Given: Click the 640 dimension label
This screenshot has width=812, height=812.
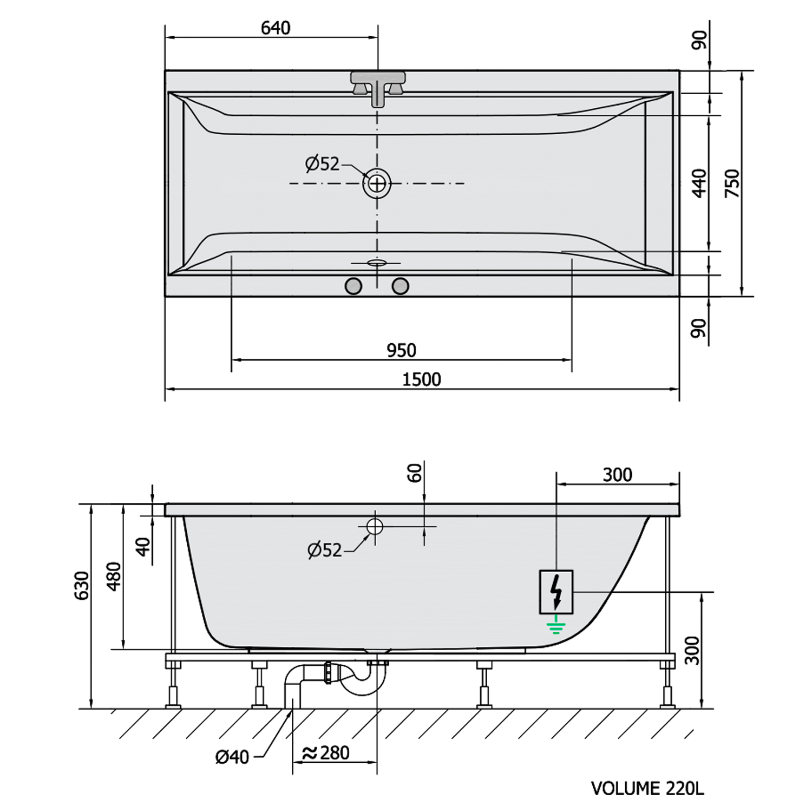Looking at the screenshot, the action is (x=276, y=28).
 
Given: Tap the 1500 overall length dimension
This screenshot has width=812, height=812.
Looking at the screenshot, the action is (x=421, y=379).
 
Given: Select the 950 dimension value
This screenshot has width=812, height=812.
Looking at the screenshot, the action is (x=401, y=351).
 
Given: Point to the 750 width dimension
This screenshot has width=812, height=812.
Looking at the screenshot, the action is (x=732, y=183).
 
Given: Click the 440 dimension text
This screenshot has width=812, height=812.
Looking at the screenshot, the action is (x=699, y=183).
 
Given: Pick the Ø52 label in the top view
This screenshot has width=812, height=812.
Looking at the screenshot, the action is (x=322, y=163).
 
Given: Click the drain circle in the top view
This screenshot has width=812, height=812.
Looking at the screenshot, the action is (x=377, y=184).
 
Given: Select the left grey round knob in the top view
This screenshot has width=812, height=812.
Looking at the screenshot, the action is (x=353, y=286).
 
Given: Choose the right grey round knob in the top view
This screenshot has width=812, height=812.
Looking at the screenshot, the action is (x=400, y=286).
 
